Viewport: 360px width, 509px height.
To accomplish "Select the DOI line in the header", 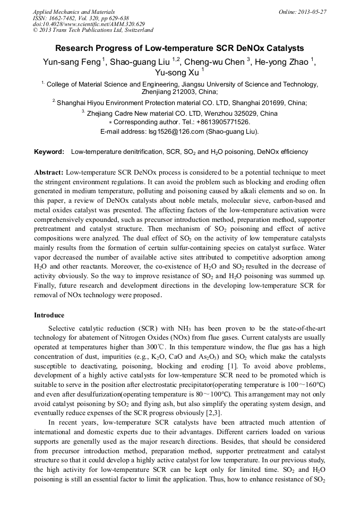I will click(x=89, y=24).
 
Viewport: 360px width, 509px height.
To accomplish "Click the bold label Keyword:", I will click(x=49, y=152).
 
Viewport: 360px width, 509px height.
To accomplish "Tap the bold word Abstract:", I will click(x=49, y=172).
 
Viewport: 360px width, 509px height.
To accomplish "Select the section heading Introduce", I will click(x=49, y=315).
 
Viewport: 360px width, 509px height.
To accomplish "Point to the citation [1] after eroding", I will click(x=234, y=366).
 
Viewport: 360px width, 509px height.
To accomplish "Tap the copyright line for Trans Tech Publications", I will click(x=93, y=30).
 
